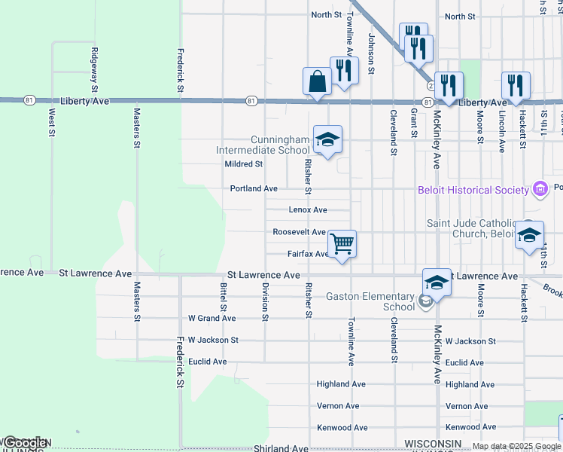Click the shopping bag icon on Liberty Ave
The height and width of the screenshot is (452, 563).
point(317,81)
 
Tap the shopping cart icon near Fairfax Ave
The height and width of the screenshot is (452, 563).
point(342,243)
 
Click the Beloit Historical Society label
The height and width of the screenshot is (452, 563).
point(473,190)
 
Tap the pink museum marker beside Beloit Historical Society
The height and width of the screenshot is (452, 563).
point(540,188)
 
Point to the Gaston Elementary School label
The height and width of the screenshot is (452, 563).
point(370,301)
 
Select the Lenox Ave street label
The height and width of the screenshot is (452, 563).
point(308,210)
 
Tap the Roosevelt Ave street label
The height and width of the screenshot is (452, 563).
point(299,232)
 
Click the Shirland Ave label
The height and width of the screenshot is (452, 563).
point(281,448)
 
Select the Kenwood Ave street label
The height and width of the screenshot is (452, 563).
point(342,427)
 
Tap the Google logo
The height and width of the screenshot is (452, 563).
point(25,443)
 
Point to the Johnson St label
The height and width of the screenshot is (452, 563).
point(371,50)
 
